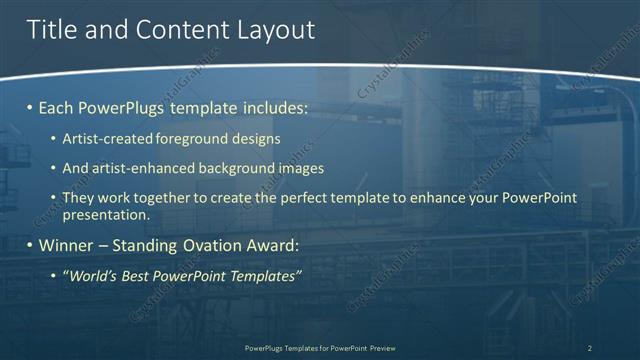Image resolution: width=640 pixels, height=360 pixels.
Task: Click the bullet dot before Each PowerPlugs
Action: coord(30,106)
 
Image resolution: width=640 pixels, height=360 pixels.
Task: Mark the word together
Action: coord(163,198)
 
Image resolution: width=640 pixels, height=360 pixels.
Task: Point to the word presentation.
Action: coord(105,214)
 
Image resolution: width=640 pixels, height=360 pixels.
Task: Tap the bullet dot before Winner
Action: coord(30,245)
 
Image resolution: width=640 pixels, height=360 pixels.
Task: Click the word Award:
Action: coord(270,245)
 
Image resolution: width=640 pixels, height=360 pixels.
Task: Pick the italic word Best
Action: coord(132,275)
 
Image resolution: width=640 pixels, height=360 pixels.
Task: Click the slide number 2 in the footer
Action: coord(590,348)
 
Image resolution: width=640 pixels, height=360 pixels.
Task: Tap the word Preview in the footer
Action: coord(381,348)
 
